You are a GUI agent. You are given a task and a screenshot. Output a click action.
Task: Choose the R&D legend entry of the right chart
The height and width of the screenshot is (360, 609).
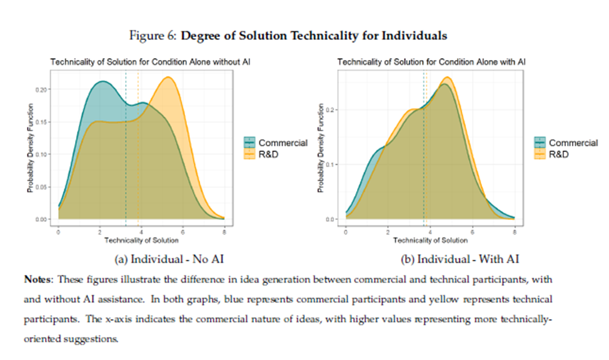[558, 154]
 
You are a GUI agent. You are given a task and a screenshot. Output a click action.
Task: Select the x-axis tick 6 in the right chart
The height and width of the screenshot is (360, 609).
[472, 232]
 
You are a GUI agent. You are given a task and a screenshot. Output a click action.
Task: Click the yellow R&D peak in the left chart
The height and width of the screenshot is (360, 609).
[168, 77]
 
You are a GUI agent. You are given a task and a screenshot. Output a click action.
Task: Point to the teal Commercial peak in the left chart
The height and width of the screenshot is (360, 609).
[100, 82]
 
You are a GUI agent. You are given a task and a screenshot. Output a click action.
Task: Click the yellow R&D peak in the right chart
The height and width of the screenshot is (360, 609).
[446, 77]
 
